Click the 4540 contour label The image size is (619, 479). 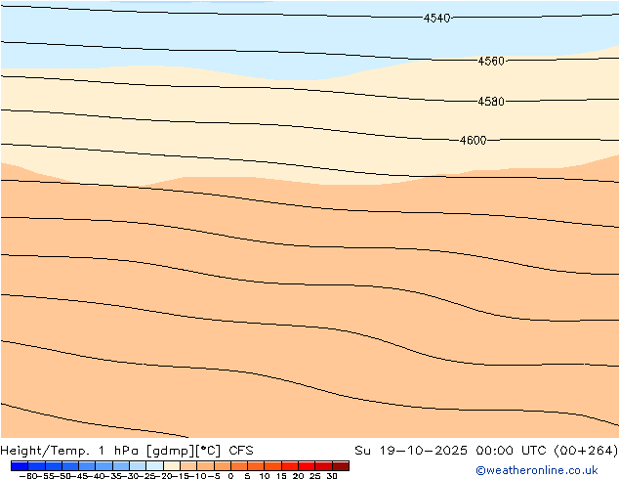[x=436, y=19]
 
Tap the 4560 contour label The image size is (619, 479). [x=491, y=61]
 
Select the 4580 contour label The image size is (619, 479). [x=491, y=102]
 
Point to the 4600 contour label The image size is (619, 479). [x=473, y=141]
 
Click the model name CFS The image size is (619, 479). [x=241, y=451]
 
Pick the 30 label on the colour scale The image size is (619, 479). [x=332, y=476]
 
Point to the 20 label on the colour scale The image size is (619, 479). [x=298, y=476]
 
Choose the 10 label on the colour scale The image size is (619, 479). [x=265, y=476]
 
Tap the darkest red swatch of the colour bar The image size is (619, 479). [x=340, y=465]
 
